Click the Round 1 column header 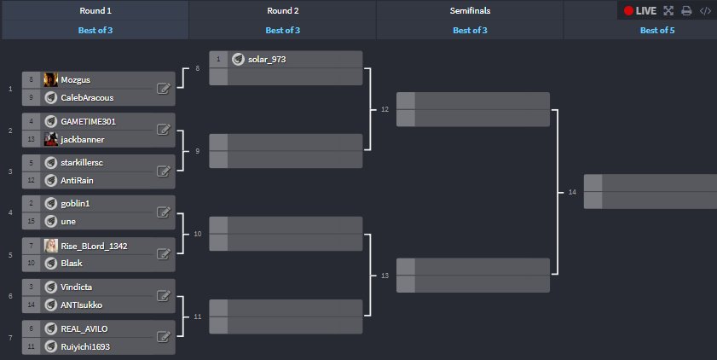pyautogui.click(x=94, y=11)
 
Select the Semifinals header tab pyautogui.click(x=470, y=11)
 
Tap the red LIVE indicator pyautogui.click(x=639, y=11)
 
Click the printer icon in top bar pyautogui.click(x=686, y=11)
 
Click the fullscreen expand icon pyautogui.click(x=668, y=11)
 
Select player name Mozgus pyautogui.click(x=76, y=79)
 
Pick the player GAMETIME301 pyautogui.click(x=88, y=121)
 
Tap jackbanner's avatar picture pyautogui.click(x=51, y=139)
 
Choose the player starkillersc pyautogui.click(x=82, y=162)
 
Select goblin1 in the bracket pyautogui.click(x=75, y=204)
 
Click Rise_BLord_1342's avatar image pyautogui.click(x=51, y=246)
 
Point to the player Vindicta pyautogui.click(x=78, y=287)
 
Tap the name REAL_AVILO pyautogui.click(x=84, y=328)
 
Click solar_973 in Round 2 pyautogui.click(x=267, y=59)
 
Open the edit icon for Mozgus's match pyautogui.click(x=163, y=88)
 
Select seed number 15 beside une pyautogui.click(x=32, y=222)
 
